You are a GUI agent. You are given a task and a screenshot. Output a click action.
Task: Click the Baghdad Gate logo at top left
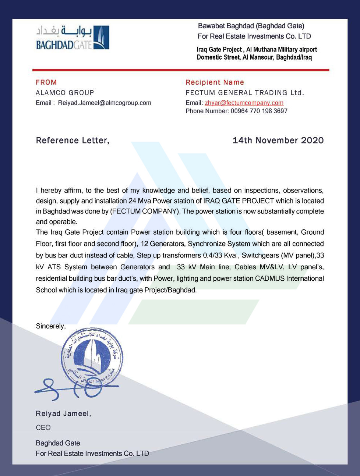click(x=73, y=38)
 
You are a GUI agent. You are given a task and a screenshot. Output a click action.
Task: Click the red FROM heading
click(x=46, y=82)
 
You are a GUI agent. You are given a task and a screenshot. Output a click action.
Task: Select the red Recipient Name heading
click(x=215, y=82)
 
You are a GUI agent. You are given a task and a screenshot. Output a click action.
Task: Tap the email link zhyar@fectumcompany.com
click(x=244, y=103)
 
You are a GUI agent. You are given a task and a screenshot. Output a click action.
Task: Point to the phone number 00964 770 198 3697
click(x=259, y=111)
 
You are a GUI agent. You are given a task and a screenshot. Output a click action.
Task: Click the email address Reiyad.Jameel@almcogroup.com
click(x=105, y=103)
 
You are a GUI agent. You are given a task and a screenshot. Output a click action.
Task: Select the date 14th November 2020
click(x=278, y=141)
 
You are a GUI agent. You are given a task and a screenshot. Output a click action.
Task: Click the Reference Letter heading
click(x=73, y=141)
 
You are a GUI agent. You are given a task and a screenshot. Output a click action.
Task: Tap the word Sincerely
click(x=50, y=326)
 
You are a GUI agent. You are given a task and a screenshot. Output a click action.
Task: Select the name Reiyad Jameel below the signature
click(x=63, y=414)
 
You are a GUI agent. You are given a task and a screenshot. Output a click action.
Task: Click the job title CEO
click(x=43, y=428)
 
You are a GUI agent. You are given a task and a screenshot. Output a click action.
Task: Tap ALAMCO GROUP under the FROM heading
click(x=65, y=93)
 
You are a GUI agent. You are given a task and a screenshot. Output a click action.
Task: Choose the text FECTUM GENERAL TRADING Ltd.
click(x=245, y=93)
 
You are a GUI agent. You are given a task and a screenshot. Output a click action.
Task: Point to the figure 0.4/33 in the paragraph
click(x=212, y=255)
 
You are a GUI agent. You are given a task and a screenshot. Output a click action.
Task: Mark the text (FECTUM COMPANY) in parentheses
click(x=144, y=212)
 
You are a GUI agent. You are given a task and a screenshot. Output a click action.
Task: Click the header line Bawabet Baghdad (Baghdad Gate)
click(x=251, y=26)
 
